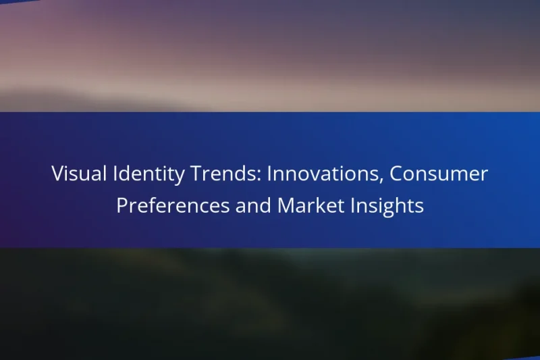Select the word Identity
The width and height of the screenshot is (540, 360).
(132, 175)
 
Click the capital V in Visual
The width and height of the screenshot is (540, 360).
(57, 174)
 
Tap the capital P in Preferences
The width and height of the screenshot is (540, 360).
(122, 205)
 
